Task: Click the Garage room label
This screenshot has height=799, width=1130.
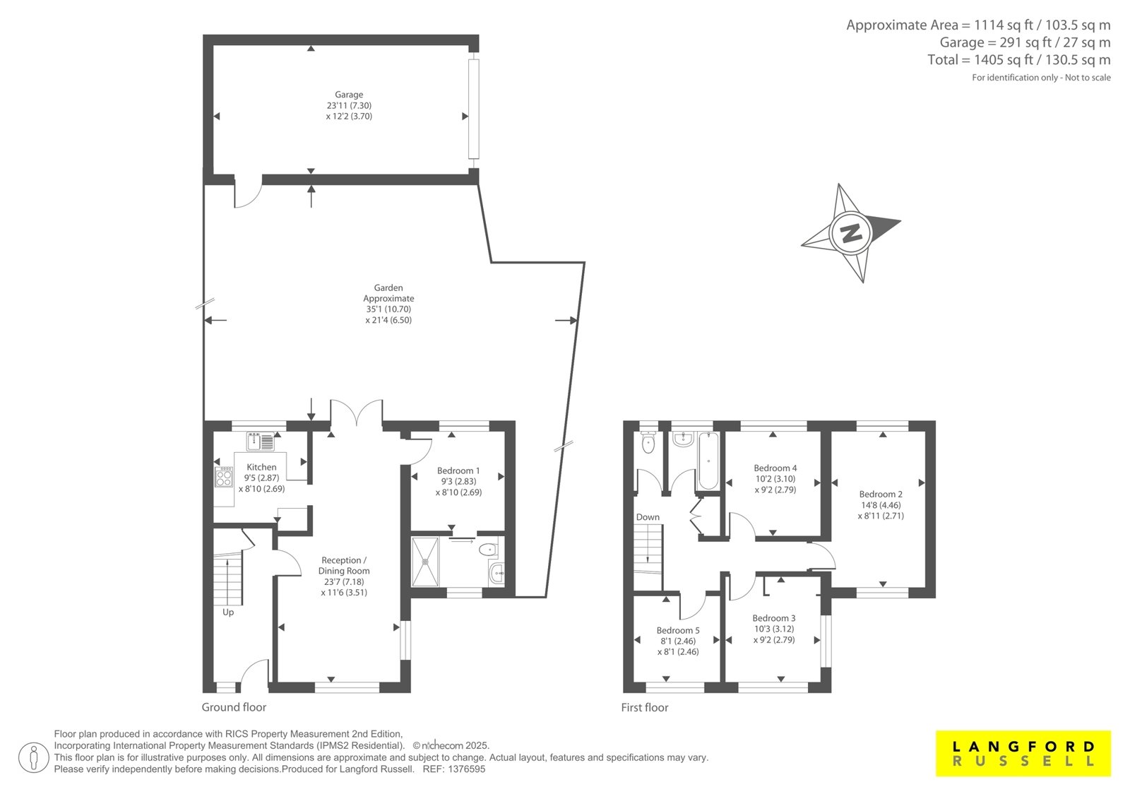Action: click(x=349, y=95)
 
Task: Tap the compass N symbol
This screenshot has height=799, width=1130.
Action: click(x=850, y=233)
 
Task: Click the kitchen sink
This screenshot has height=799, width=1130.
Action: click(x=261, y=441)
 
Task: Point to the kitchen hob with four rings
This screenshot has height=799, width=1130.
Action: click(x=223, y=476)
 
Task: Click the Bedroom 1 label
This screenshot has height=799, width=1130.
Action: click(x=458, y=470)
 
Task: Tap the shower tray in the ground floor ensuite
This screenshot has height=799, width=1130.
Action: click(x=425, y=562)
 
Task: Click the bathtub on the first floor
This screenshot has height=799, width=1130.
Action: click(x=708, y=461)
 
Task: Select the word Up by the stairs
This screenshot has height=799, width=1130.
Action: click(x=228, y=612)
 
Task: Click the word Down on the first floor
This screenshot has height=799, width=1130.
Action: click(x=648, y=517)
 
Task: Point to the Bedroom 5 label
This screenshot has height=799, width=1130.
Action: click(x=678, y=630)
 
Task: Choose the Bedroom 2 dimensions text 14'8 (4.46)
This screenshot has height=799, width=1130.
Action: click(x=881, y=504)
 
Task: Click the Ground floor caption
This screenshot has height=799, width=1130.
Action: click(x=234, y=707)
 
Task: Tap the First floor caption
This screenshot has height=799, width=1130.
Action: click(x=645, y=707)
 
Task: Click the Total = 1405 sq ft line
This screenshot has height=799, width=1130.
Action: click(x=1019, y=59)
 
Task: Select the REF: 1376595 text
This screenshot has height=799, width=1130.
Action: click(x=454, y=769)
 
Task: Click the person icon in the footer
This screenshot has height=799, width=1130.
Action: click(x=33, y=757)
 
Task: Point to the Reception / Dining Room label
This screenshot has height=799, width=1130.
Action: click(x=344, y=565)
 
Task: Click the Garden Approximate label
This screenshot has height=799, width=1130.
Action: click(x=388, y=292)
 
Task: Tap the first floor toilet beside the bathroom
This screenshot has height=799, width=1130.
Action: click(x=648, y=443)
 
